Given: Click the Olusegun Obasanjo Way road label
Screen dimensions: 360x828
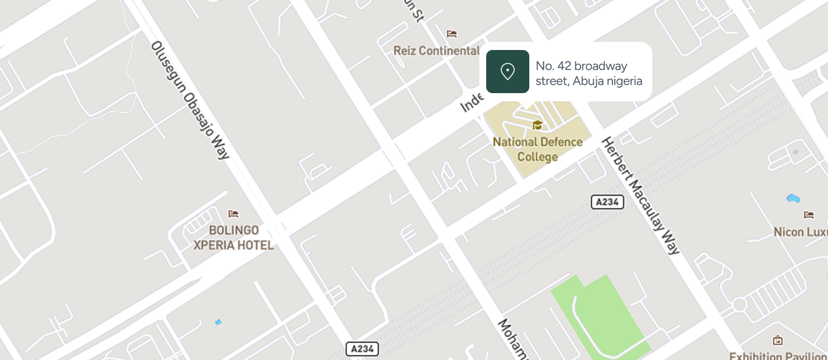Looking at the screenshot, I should (x=190, y=100).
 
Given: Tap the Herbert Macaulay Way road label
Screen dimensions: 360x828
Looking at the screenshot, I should (x=640, y=196).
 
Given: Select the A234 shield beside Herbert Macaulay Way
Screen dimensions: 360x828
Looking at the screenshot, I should (x=607, y=202).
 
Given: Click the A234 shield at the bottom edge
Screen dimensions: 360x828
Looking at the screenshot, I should (x=362, y=349).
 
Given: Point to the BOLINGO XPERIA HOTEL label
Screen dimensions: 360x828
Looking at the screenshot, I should (x=234, y=237).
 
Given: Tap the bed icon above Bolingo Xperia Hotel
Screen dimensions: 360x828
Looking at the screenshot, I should (x=234, y=214).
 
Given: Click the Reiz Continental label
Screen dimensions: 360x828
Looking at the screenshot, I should (x=436, y=51).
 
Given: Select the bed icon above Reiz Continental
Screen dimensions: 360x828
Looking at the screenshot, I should (x=452, y=34).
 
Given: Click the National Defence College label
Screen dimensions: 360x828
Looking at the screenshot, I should (x=537, y=149).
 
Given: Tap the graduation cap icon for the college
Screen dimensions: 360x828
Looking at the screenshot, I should (x=537, y=126).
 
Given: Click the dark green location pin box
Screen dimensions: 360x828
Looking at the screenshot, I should (x=507, y=71).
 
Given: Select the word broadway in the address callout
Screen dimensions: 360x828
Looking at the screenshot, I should (x=601, y=66).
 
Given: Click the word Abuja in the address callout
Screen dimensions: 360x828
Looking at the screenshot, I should (x=591, y=81).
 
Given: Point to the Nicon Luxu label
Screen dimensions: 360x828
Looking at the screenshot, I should (x=800, y=232).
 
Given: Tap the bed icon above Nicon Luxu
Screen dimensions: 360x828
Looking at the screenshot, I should (x=809, y=215).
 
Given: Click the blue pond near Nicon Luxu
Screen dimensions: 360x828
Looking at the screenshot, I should (x=793, y=199).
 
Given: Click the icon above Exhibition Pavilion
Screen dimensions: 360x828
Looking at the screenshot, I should (x=777, y=341).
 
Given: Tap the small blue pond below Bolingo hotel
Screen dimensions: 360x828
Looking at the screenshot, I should (x=218, y=322).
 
